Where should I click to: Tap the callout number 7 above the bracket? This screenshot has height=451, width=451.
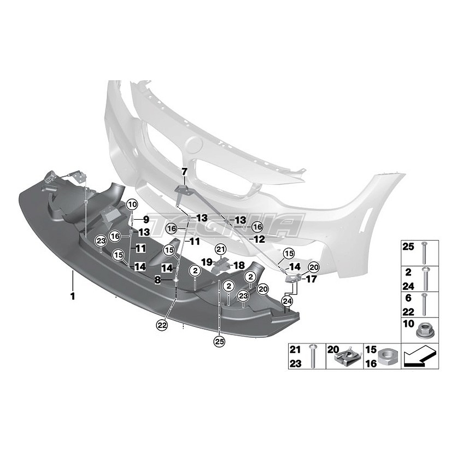tap(184, 171)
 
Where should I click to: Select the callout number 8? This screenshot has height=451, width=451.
tap(157, 279)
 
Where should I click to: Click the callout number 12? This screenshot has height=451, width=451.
tap(259, 239)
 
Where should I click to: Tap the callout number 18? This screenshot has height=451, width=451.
tap(239, 265)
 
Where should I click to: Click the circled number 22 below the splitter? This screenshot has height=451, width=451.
tap(162, 324)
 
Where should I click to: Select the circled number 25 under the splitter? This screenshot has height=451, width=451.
tap(219, 342)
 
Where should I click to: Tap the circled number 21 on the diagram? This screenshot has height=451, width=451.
tap(220, 250)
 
